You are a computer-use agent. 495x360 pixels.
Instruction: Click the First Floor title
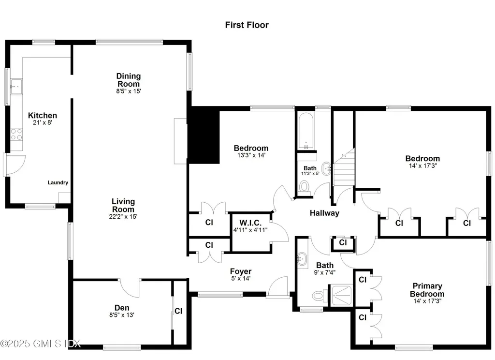tap(247, 25)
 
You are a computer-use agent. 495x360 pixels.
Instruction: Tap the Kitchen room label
tap(43, 116)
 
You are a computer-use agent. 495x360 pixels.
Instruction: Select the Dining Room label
tap(129, 80)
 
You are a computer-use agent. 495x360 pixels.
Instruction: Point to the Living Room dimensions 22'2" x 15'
tap(123, 217)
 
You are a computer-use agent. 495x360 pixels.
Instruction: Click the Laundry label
tap(58, 183)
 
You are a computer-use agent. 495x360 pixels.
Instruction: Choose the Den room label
tap(122, 308)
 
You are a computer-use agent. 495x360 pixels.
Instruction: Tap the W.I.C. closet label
tap(250, 223)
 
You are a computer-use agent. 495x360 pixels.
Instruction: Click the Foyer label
tap(240, 271)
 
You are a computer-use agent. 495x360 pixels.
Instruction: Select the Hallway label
tap(324, 213)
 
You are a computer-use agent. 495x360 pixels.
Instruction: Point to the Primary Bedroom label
tap(427, 290)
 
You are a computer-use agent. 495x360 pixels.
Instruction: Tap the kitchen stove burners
tap(16, 134)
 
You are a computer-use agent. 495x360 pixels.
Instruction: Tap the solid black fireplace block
tap(204, 135)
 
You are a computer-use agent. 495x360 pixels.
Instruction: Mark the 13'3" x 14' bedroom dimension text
tap(251, 155)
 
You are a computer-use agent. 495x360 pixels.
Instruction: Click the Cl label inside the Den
tap(178, 311)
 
